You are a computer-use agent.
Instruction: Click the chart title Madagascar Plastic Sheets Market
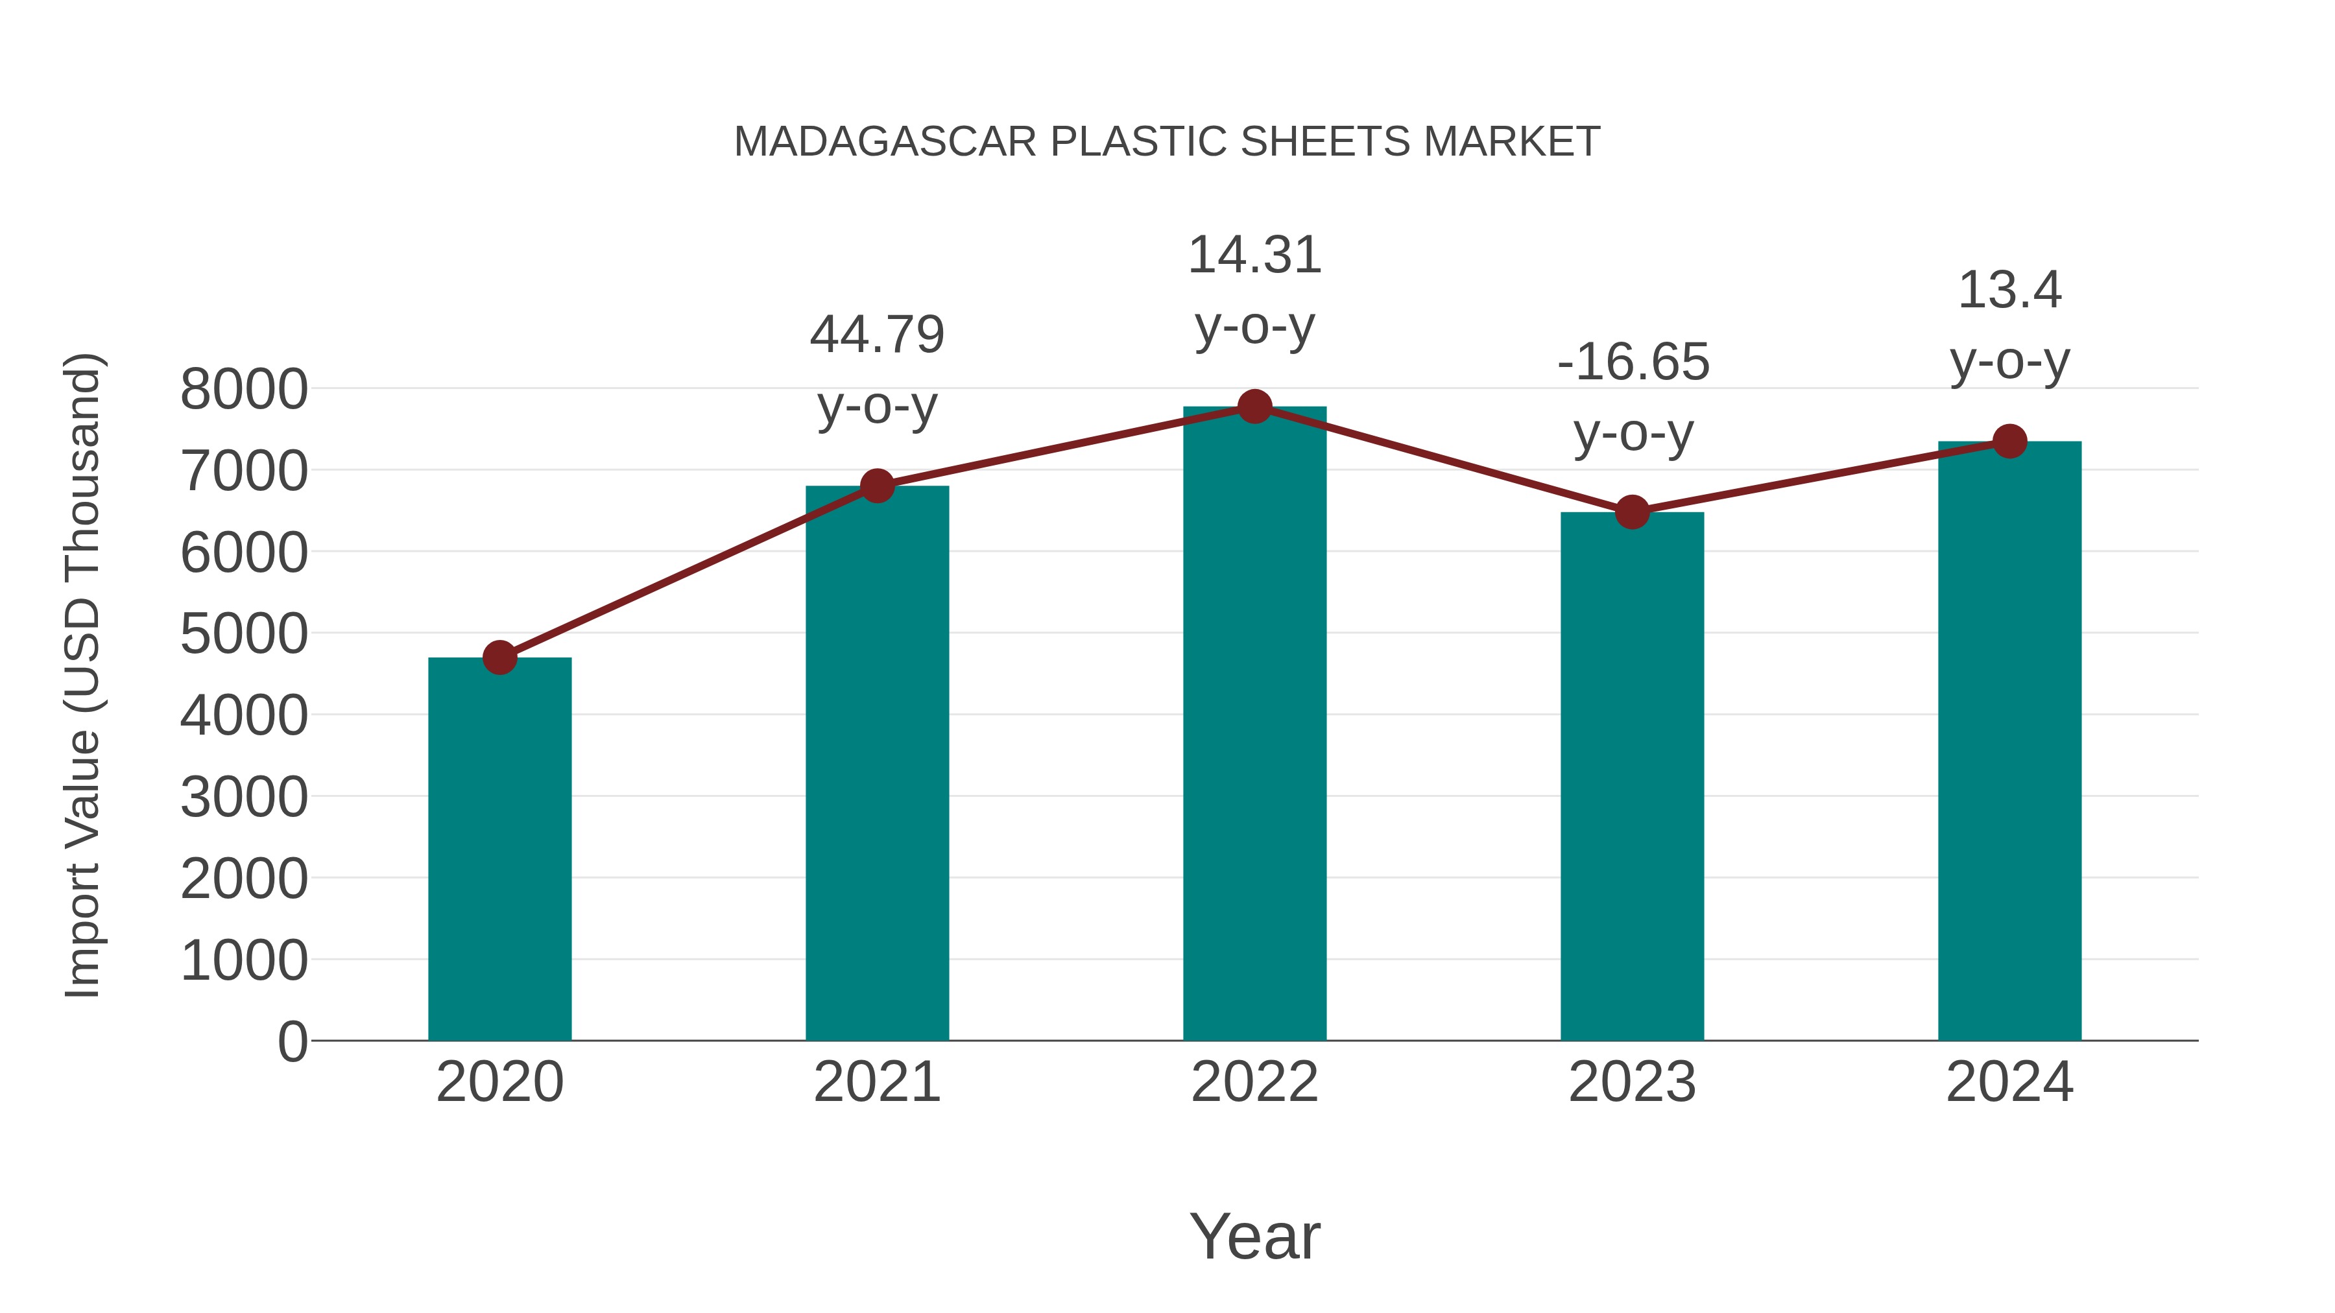pos(1167,142)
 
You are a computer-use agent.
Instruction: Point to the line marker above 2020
pos(499,658)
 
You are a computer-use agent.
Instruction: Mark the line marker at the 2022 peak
pos(1254,407)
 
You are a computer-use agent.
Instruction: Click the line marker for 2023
pos(1632,513)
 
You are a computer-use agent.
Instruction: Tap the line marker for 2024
pos(2009,442)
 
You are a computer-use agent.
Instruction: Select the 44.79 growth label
pos(876,335)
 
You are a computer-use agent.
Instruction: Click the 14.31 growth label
pos(1254,255)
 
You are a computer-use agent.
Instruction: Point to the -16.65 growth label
pos(1633,362)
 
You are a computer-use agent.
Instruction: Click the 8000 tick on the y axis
pos(244,390)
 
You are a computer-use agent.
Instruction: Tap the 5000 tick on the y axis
pos(244,633)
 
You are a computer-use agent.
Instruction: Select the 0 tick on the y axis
pos(292,1041)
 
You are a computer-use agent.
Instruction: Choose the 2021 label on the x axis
pos(876,1082)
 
